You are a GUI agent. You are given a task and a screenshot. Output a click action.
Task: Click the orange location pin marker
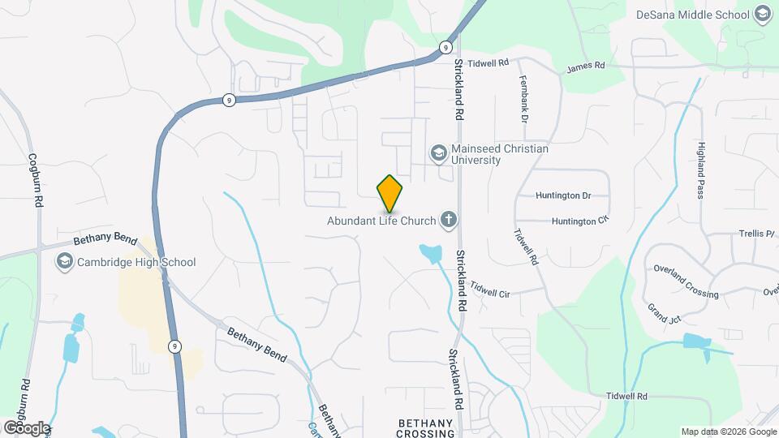click(x=389, y=193)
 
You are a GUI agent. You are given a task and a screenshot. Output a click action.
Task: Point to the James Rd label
click(x=586, y=68)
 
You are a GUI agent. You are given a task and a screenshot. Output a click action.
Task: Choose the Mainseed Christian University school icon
click(x=438, y=153)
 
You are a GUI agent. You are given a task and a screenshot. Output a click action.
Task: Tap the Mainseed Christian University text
click(x=500, y=154)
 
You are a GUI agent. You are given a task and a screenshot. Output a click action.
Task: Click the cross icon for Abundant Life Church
click(x=447, y=219)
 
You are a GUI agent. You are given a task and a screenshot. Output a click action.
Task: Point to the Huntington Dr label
click(x=563, y=195)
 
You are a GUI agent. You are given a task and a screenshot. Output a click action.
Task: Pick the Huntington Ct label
click(x=579, y=221)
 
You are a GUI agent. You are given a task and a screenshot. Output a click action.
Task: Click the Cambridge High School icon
click(x=64, y=262)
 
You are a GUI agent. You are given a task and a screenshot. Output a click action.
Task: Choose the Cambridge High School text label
click(x=136, y=262)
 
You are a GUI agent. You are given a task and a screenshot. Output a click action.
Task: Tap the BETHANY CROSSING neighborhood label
click(x=424, y=428)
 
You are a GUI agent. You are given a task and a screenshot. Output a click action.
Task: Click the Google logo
click(x=27, y=427)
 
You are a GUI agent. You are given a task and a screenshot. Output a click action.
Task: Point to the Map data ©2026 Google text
click(x=728, y=432)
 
